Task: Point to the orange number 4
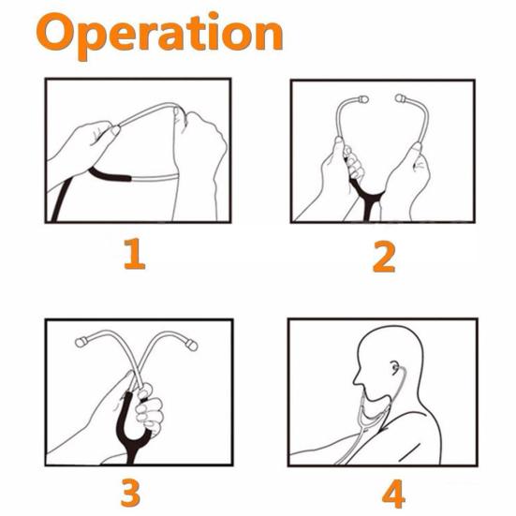[385, 492]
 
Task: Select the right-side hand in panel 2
[407, 183]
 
